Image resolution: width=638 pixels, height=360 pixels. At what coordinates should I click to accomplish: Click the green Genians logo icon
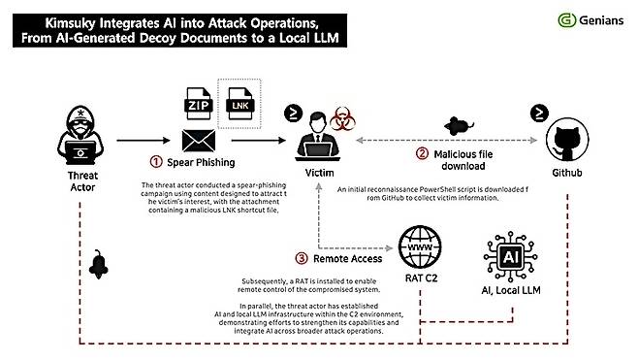point(567,20)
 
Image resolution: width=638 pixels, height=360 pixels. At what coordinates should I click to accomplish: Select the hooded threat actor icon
point(80,135)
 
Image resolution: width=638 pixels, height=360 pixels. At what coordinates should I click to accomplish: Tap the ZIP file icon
point(198,104)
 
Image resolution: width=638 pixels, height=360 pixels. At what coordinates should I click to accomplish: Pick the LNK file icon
point(240,104)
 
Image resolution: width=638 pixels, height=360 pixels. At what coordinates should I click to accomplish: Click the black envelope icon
point(199,141)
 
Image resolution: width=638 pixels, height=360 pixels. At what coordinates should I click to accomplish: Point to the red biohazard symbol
point(342,118)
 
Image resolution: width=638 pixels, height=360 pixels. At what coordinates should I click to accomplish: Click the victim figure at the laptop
point(318,136)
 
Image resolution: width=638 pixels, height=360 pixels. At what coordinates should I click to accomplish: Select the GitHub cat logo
point(567,140)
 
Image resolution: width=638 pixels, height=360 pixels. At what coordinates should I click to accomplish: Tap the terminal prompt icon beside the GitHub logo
point(539,113)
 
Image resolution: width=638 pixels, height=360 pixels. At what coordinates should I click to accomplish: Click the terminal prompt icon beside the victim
point(293,114)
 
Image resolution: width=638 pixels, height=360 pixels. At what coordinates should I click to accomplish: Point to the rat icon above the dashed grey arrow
point(459,126)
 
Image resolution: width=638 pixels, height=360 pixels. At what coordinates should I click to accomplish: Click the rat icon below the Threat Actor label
point(99,264)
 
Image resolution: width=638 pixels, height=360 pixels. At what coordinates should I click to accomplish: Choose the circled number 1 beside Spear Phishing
point(156,162)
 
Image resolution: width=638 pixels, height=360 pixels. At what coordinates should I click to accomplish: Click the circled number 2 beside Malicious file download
point(422,153)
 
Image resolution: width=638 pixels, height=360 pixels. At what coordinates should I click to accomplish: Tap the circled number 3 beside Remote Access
point(302,258)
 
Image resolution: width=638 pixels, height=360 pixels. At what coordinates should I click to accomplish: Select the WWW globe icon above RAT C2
point(420,247)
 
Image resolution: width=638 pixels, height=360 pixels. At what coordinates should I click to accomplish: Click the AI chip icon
point(511,256)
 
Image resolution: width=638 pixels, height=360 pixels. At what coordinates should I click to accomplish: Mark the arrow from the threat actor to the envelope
point(144,141)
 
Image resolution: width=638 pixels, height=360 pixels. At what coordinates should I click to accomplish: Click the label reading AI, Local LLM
point(511,290)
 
